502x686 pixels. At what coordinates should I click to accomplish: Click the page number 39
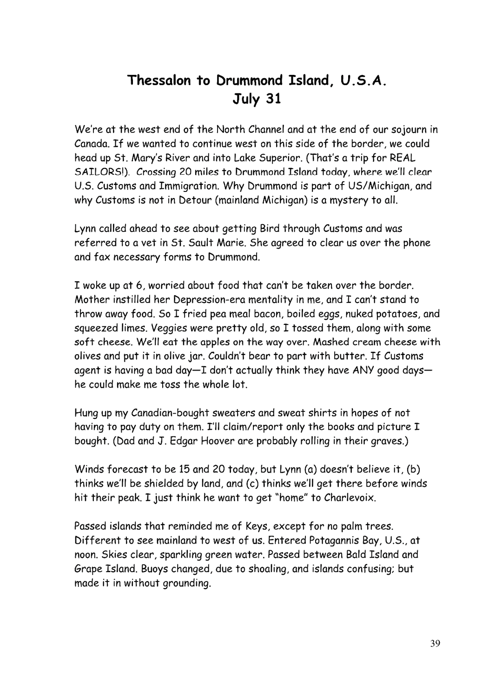coord(435,643)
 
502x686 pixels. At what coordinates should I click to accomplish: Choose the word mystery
coord(349,200)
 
